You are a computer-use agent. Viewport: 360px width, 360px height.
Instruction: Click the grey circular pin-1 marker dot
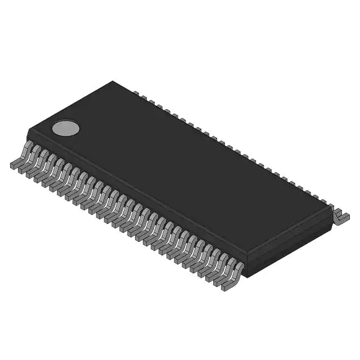click(65, 128)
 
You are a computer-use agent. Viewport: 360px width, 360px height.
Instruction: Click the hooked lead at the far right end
click(340, 216)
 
